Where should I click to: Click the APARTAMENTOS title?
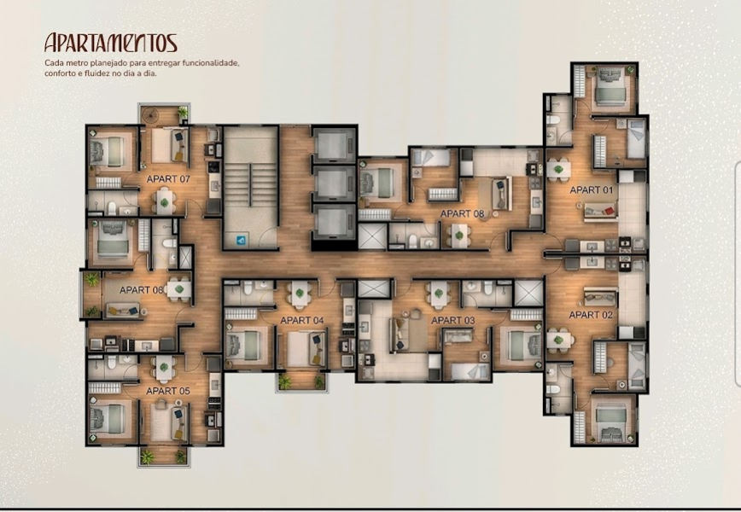(x=111, y=43)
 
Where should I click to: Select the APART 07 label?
(x=168, y=179)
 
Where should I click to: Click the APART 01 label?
(x=592, y=190)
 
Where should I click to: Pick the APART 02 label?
(x=591, y=315)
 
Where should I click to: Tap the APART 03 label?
(x=452, y=320)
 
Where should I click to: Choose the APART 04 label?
(x=302, y=320)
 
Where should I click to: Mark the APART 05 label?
(x=168, y=391)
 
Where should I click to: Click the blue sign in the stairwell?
(x=241, y=241)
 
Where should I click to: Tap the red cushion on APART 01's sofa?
(x=610, y=211)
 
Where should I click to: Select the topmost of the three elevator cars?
(x=334, y=144)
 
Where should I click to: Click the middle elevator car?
(x=334, y=183)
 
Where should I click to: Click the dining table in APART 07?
(x=164, y=201)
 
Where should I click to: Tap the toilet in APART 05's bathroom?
(x=113, y=362)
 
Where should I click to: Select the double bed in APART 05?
(x=108, y=420)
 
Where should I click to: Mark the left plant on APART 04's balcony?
(x=284, y=381)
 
